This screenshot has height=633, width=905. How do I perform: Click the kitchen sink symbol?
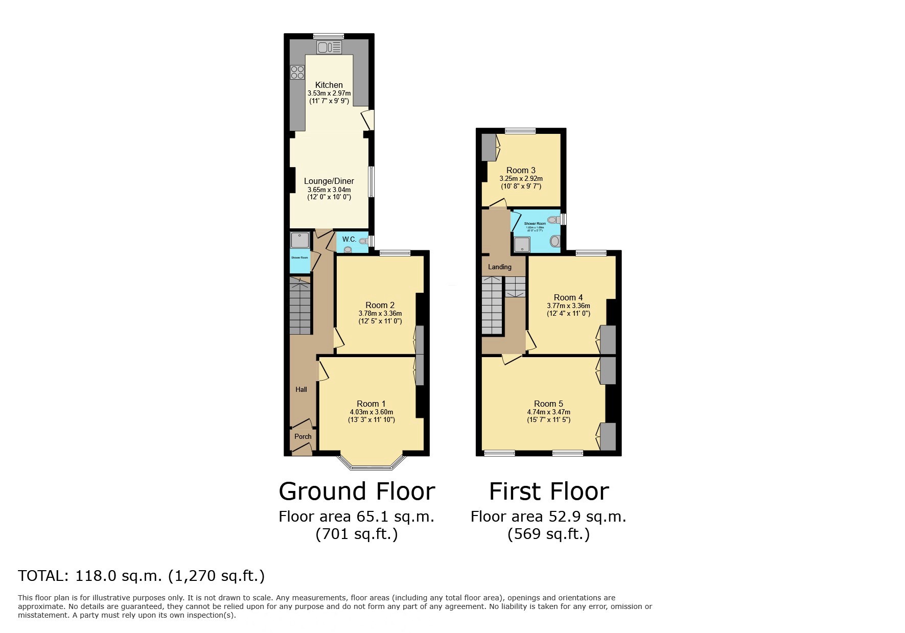[329, 48]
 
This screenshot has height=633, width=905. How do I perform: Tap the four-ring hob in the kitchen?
[297, 73]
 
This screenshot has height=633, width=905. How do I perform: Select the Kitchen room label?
[329, 85]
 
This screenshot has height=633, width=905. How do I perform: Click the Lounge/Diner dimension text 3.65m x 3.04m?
[329, 190]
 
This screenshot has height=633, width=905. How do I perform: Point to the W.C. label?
[349, 239]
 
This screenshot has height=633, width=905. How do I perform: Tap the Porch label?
[303, 436]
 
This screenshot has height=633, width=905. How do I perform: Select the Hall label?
[301, 389]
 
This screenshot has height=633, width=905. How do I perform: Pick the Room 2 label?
[380, 305]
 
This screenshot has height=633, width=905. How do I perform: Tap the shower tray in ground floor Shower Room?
[300, 240]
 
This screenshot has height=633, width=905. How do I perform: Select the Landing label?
[499, 267]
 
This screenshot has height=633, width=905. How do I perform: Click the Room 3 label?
[521, 170]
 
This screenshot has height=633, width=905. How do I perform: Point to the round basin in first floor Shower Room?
[554, 241]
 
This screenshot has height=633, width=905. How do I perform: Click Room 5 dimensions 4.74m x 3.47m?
[548, 412]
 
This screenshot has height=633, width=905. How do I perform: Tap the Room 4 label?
[568, 297]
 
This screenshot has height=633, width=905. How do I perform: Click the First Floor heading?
[548, 491]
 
